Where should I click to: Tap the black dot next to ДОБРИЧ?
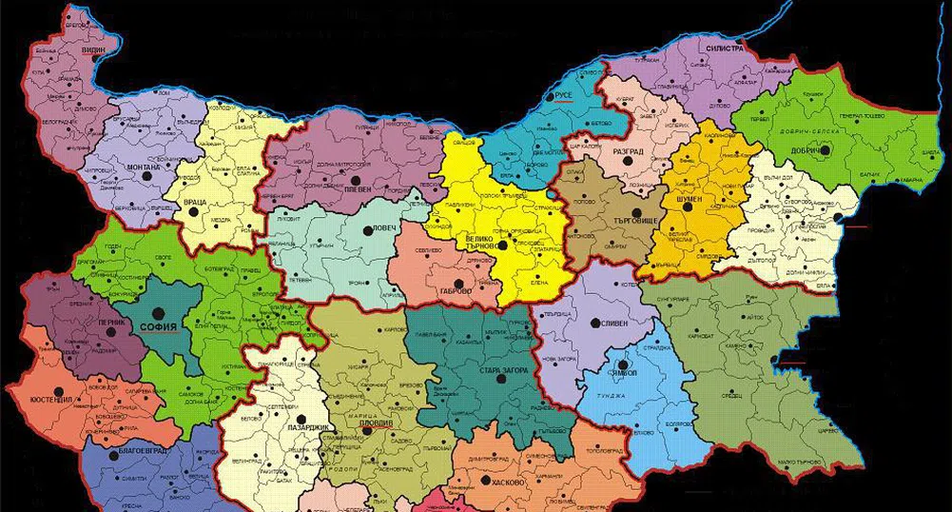click(x=825, y=149)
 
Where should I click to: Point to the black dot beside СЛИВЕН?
click(x=596, y=325)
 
